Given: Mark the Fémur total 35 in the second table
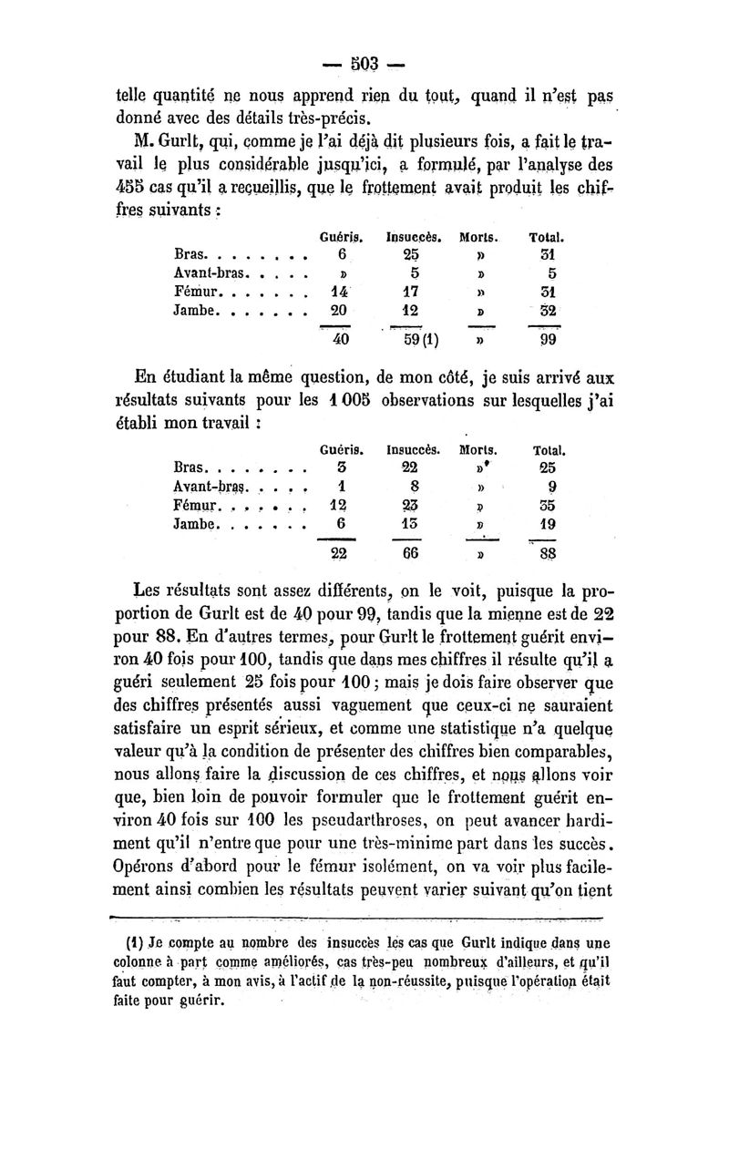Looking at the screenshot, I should point(547,505).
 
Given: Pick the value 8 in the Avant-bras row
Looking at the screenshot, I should point(413,487).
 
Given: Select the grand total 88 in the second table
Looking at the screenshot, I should point(547,554).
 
